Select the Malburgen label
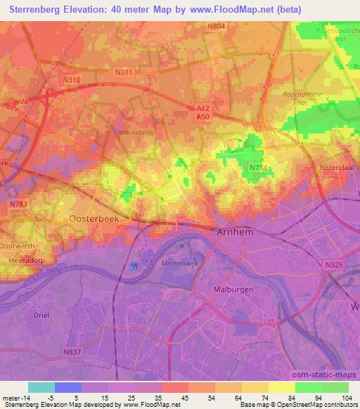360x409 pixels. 233,289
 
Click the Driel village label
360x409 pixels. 41,315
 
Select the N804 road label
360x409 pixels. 217,26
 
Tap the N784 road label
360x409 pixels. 257,166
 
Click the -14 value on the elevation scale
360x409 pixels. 21,398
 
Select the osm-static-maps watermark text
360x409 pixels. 330,376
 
